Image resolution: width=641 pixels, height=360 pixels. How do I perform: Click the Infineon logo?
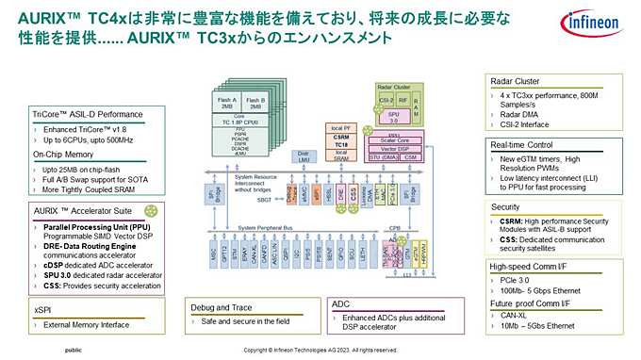pos(592,25)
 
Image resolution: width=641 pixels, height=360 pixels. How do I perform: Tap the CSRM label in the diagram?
pos(341,136)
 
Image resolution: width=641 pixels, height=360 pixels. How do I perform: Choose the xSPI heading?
pos(44,308)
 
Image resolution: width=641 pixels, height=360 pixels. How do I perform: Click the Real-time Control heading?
pos(520,144)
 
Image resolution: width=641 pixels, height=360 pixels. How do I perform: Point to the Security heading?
pos(506,206)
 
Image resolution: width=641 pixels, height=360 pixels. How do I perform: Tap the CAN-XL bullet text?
pos(516,316)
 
